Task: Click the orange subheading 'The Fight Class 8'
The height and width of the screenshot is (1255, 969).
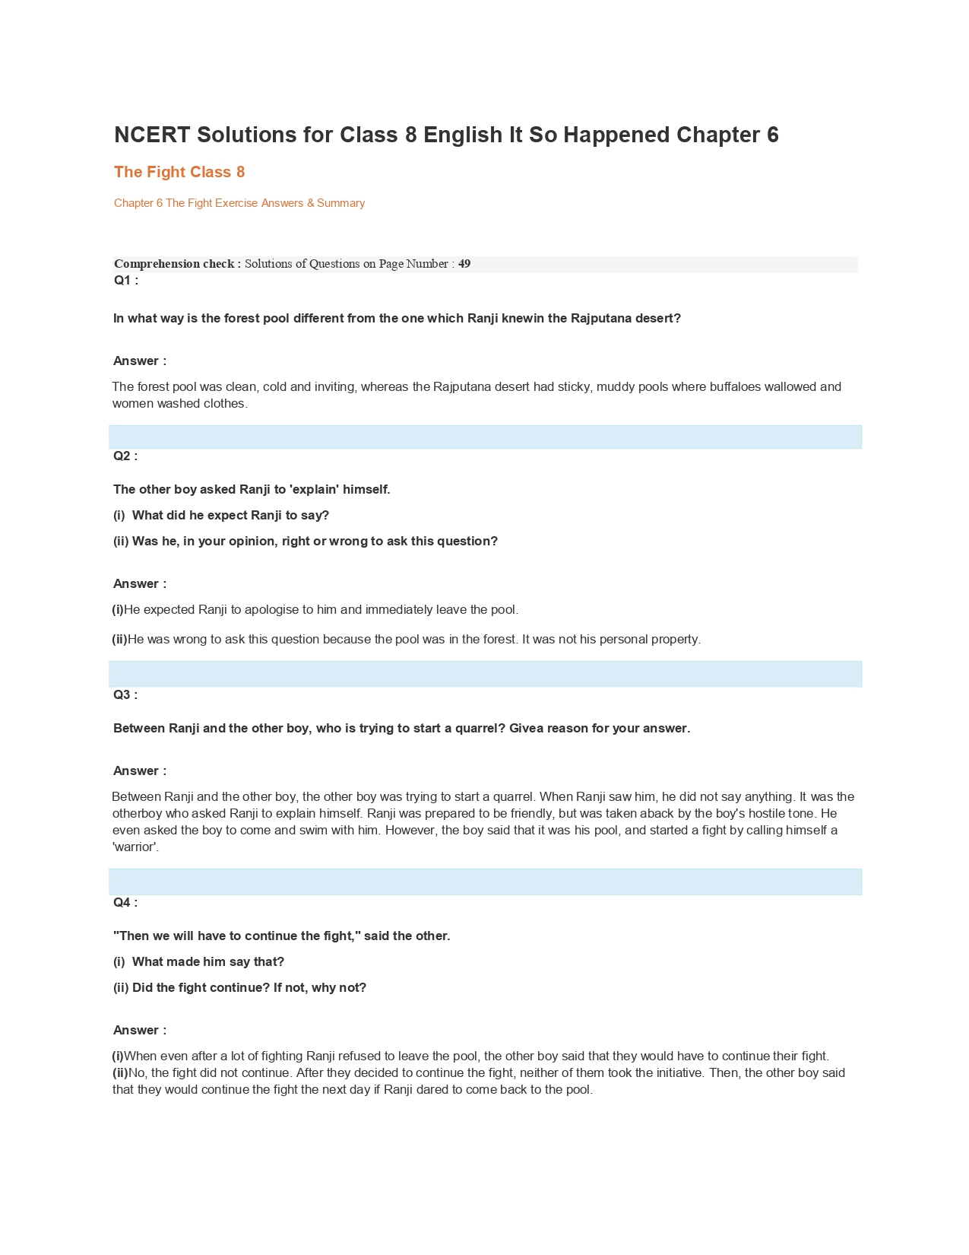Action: (179, 172)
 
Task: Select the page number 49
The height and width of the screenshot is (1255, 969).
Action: (464, 264)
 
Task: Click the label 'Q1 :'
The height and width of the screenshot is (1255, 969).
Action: (126, 280)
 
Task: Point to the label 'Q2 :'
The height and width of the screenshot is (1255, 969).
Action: (125, 456)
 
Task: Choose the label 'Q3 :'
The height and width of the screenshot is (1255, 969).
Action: (125, 694)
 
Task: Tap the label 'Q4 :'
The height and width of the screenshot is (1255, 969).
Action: (125, 902)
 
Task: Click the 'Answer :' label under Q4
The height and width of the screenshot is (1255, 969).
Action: (140, 1030)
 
